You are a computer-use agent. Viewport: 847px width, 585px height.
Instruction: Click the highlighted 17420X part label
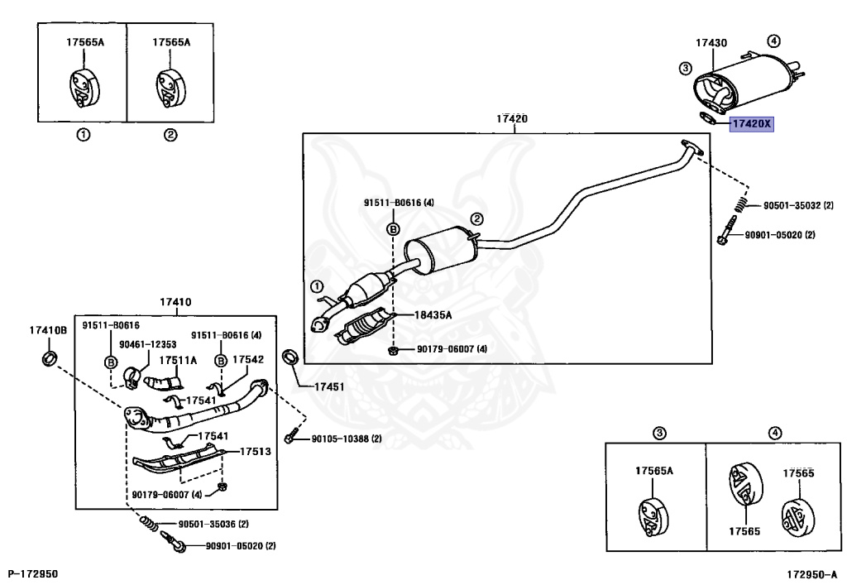(x=751, y=124)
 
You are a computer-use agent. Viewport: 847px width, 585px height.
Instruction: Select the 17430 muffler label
(x=711, y=43)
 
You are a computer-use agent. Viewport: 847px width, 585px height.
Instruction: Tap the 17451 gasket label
(x=329, y=386)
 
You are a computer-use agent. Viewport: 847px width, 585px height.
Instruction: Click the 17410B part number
(x=48, y=330)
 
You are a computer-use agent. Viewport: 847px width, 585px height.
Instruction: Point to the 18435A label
(x=433, y=315)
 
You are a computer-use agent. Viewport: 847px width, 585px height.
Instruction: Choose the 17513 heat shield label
(x=256, y=451)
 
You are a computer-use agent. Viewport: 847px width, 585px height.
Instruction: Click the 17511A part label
(x=178, y=360)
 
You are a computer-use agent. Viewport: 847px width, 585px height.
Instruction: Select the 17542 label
(x=248, y=359)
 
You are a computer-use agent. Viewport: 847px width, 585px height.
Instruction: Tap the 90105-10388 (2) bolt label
(x=347, y=439)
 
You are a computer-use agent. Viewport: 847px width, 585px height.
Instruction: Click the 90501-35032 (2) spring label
(x=798, y=205)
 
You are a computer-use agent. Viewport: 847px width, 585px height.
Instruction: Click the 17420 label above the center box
(x=512, y=118)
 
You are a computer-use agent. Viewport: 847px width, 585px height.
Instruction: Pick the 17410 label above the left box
(x=175, y=302)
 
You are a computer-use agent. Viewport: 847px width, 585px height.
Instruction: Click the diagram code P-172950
(x=33, y=573)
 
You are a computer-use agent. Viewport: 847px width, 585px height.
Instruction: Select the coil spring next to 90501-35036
(x=150, y=522)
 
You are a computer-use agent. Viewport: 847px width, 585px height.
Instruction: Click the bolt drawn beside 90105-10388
(x=291, y=436)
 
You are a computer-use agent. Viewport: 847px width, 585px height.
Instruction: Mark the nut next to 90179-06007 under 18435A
(x=393, y=351)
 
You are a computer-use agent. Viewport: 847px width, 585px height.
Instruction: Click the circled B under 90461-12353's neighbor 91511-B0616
(x=111, y=362)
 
